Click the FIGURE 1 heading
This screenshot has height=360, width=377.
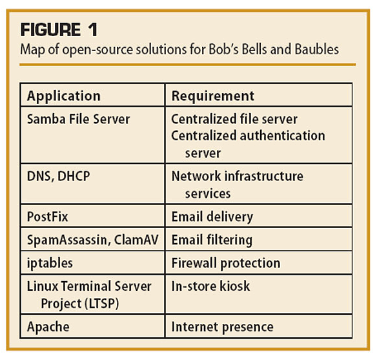tap(59, 30)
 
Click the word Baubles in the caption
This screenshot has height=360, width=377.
tap(317, 49)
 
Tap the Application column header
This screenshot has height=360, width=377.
tap(64, 96)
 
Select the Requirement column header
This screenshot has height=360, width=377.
tap(212, 96)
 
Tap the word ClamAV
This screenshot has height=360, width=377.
tap(136, 240)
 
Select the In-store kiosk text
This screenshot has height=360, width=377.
tap(210, 286)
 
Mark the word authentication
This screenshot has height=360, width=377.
tap(283, 136)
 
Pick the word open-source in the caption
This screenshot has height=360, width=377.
tap(97, 50)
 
